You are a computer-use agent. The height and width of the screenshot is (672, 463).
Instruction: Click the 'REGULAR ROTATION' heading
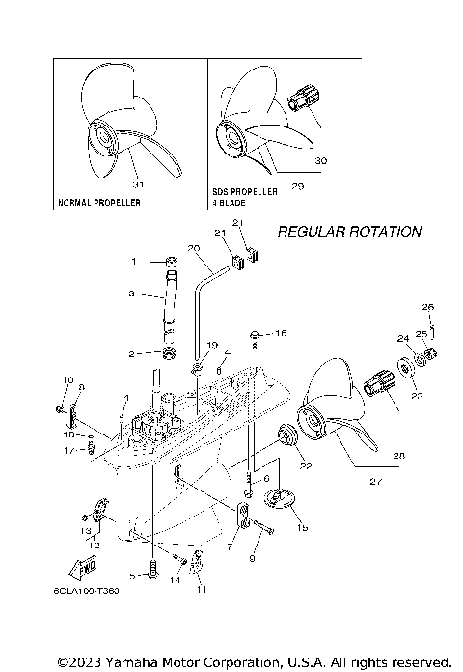click(x=349, y=232)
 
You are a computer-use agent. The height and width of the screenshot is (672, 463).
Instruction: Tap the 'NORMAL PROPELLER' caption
click(x=98, y=203)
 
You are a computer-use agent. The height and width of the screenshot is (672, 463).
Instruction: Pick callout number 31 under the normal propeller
click(x=137, y=183)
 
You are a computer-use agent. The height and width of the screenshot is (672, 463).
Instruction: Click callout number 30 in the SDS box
click(x=321, y=160)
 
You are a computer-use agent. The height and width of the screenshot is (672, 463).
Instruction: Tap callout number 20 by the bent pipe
click(x=193, y=248)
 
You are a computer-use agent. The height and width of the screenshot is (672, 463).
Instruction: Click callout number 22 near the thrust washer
click(x=306, y=465)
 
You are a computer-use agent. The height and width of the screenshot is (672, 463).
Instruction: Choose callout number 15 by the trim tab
click(x=303, y=529)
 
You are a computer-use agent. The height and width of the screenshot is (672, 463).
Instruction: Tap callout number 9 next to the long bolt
click(x=253, y=558)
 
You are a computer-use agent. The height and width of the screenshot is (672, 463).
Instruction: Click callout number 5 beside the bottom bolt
click(x=133, y=574)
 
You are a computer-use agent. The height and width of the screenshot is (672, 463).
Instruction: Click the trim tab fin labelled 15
click(x=279, y=498)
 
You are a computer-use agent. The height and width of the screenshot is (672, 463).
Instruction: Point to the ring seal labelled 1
click(x=168, y=261)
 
